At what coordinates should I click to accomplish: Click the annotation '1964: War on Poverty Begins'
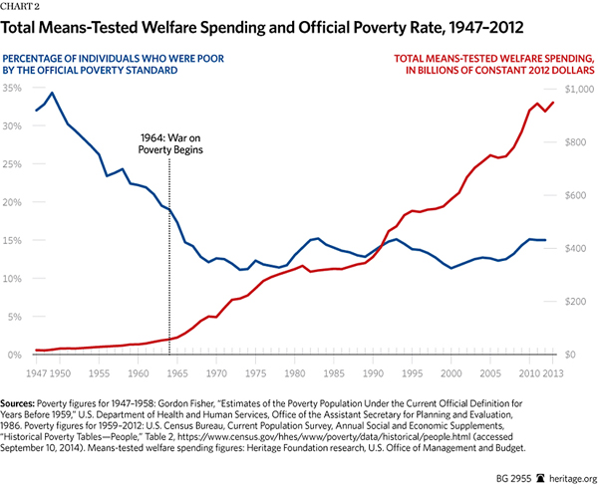click(x=172, y=142)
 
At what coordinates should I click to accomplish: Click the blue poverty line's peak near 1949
click(x=52, y=93)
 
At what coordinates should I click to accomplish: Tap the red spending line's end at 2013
click(x=553, y=103)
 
